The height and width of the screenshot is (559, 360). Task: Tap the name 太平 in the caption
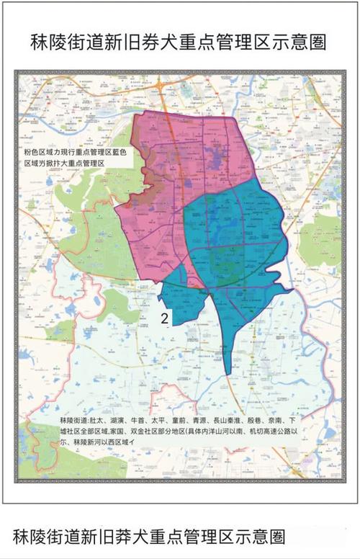160,420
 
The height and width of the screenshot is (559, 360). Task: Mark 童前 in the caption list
183,420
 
